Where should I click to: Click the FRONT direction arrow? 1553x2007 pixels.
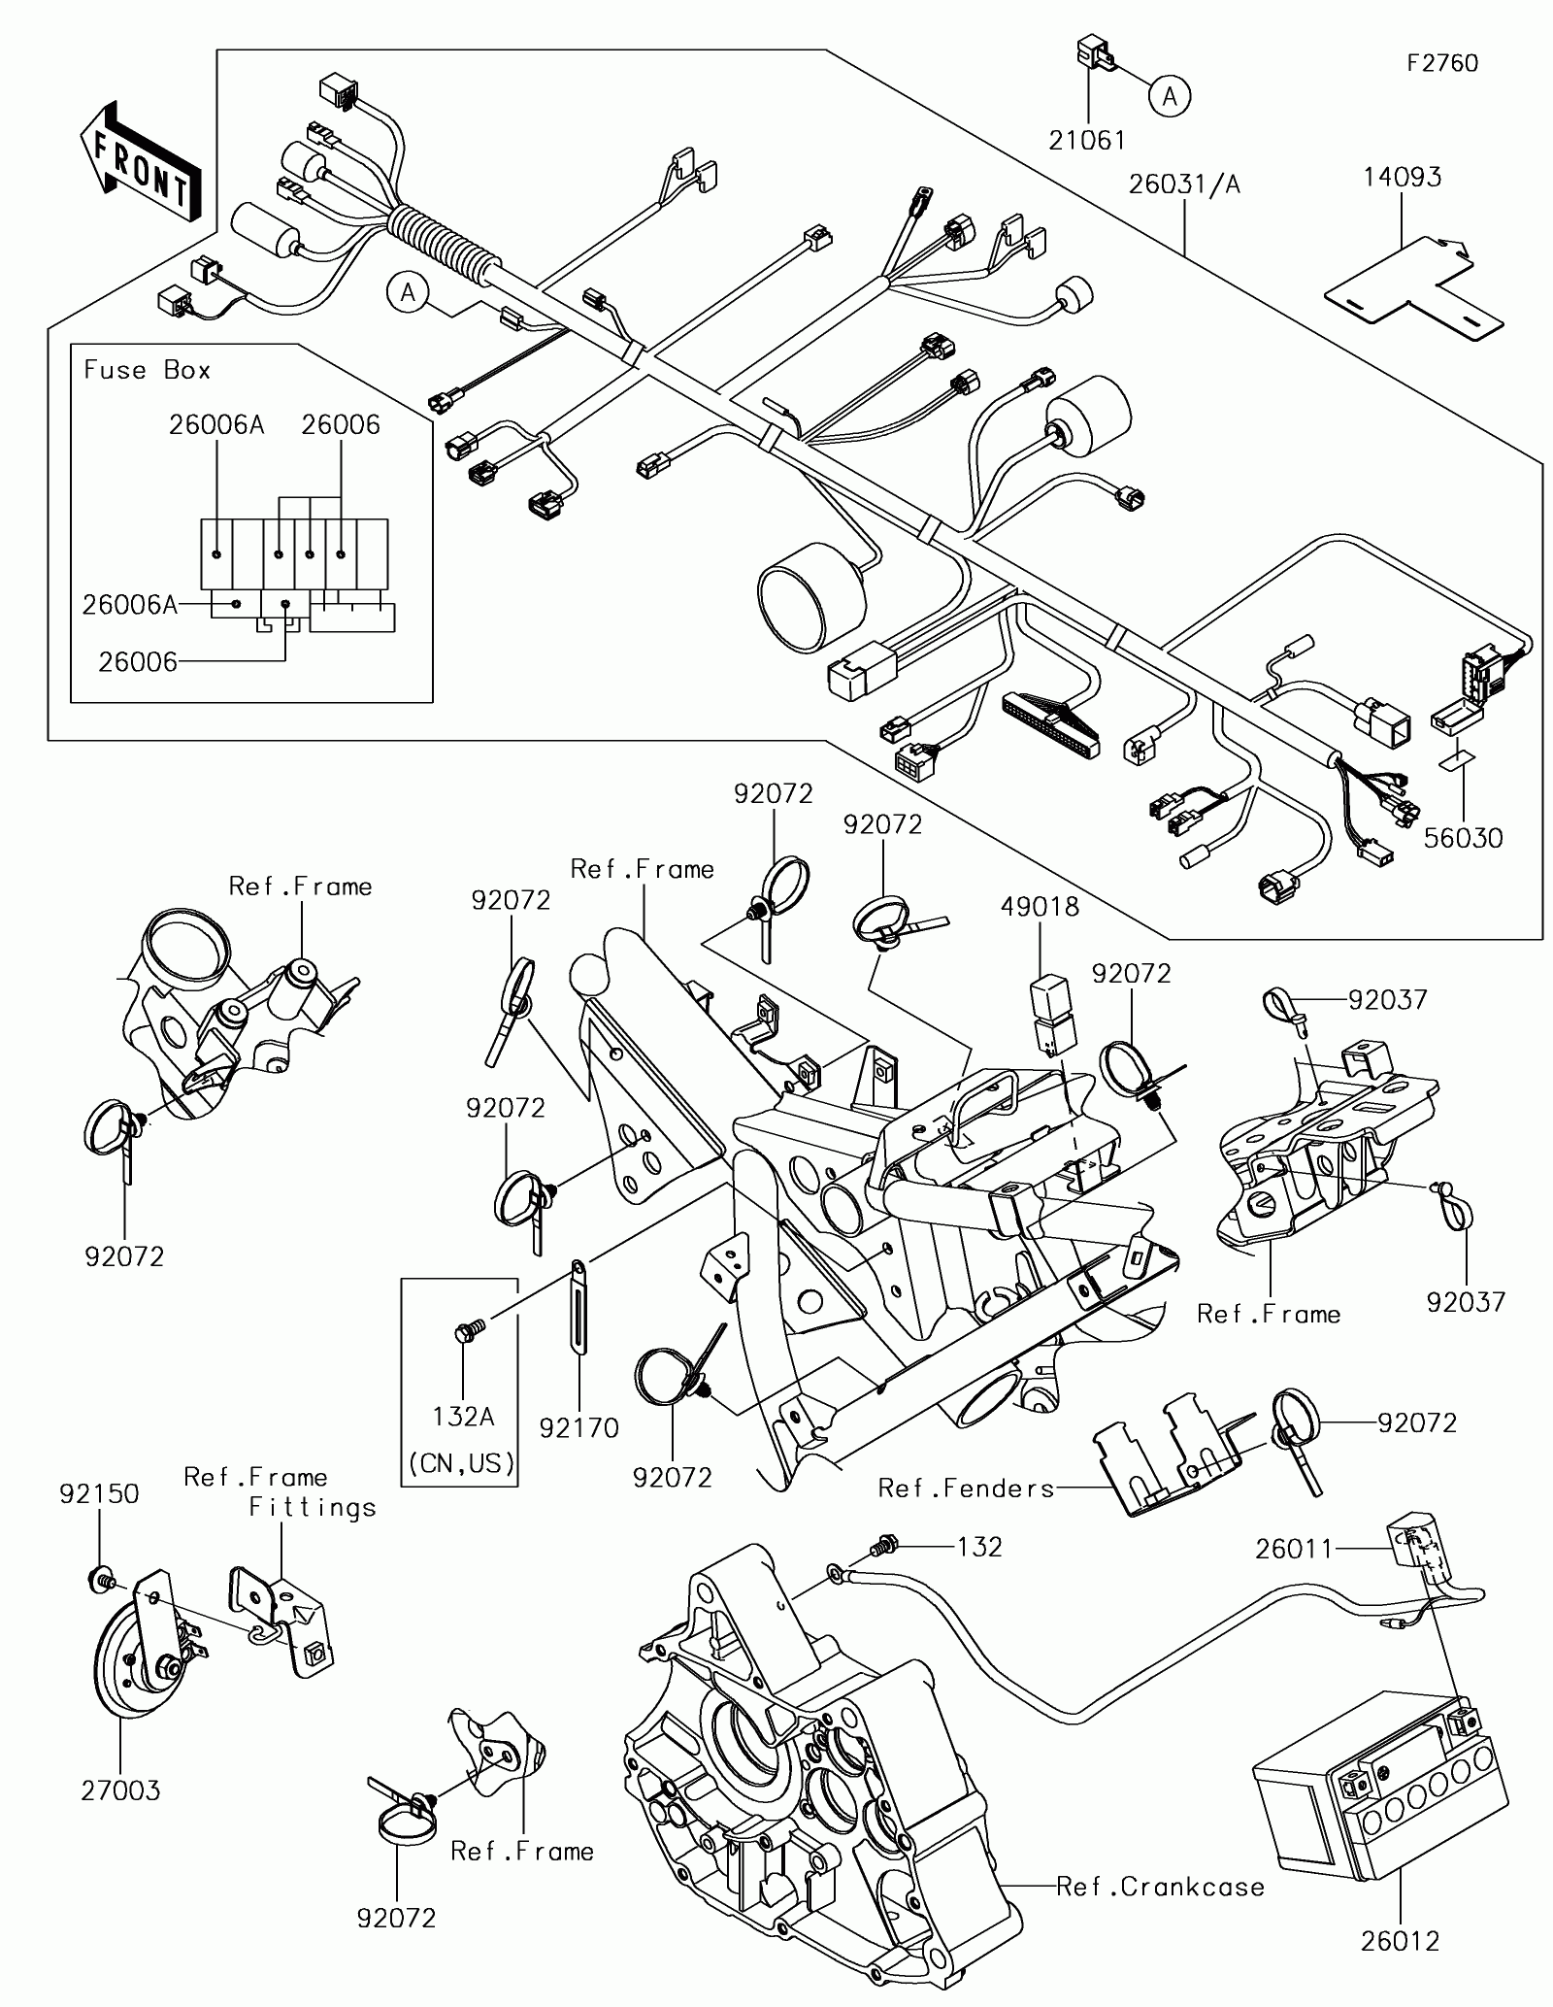point(141,160)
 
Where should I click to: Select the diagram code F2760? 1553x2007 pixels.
point(1443,64)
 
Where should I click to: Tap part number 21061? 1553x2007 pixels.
point(1087,141)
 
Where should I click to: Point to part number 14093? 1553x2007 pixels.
point(1402,177)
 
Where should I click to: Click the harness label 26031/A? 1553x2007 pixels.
point(1184,184)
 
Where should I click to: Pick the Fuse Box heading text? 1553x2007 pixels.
point(147,370)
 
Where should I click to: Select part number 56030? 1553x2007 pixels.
point(1463,838)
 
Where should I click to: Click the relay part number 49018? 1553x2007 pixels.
point(1040,907)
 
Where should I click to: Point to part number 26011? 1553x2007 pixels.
point(1294,1549)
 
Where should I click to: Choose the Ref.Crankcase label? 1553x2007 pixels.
point(1160,1887)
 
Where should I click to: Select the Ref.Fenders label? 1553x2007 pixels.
point(966,1489)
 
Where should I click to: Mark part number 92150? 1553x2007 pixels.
point(99,1493)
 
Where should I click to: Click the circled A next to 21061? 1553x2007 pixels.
point(1171,96)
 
